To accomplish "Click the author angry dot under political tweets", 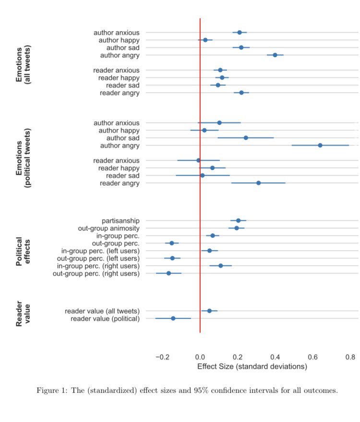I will click(320, 145).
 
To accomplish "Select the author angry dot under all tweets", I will click(275, 55).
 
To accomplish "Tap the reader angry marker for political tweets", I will click(258, 183).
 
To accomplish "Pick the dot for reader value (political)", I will click(173, 318).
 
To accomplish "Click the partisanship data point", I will click(238, 220).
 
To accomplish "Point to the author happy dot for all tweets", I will click(205, 40).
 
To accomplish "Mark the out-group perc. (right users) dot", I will click(168, 273).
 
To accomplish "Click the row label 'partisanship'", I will click(120, 220).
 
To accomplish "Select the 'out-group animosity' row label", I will click(108, 228).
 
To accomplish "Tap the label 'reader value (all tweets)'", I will click(102, 311).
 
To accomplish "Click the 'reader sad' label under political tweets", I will click(119, 176).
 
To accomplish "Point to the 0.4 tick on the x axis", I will click(275, 357).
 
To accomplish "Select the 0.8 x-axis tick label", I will click(350, 357).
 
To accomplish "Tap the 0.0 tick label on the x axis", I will click(200, 357).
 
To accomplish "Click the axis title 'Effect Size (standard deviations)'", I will click(252, 366).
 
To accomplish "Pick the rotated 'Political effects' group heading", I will click(24, 251).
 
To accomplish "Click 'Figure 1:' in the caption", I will click(51, 390).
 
